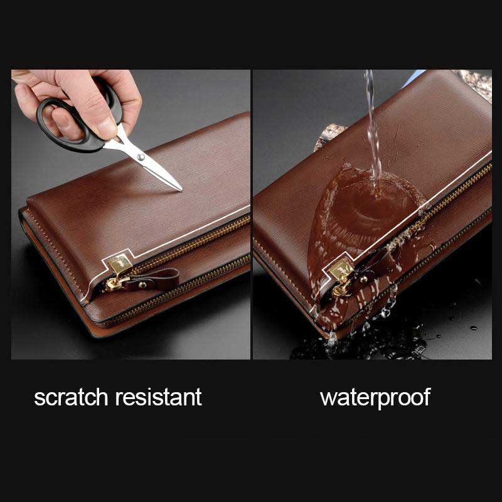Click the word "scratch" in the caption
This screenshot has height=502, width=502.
tap(71, 397)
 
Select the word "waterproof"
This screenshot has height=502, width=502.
tap(375, 397)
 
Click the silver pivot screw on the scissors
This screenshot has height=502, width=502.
tap(140, 155)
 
